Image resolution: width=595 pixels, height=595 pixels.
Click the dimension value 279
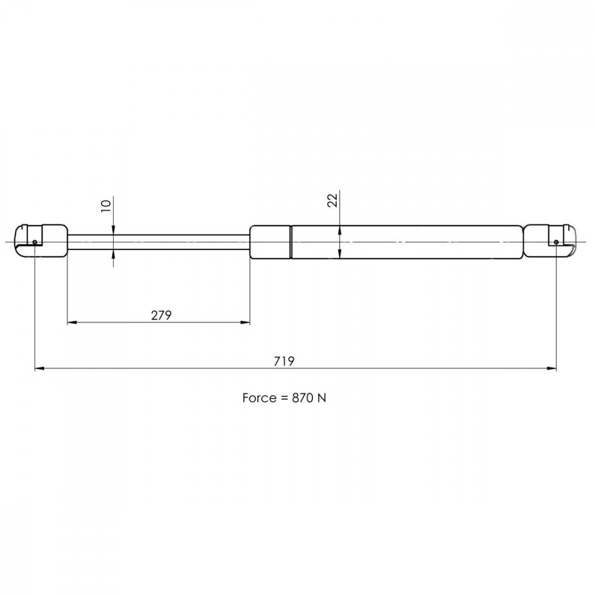[161, 315]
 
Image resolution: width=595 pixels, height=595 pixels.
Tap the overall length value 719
[284, 361]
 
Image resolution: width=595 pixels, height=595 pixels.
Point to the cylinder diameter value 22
[333, 200]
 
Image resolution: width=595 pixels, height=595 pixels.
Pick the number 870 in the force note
[302, 397]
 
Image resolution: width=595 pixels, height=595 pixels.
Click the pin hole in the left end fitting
[35, 242]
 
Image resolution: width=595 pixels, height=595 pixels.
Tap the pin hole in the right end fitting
[556, 242]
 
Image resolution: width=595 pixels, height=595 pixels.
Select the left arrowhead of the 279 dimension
[72, 322]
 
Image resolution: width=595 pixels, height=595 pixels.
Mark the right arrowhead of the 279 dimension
[246, 322]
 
